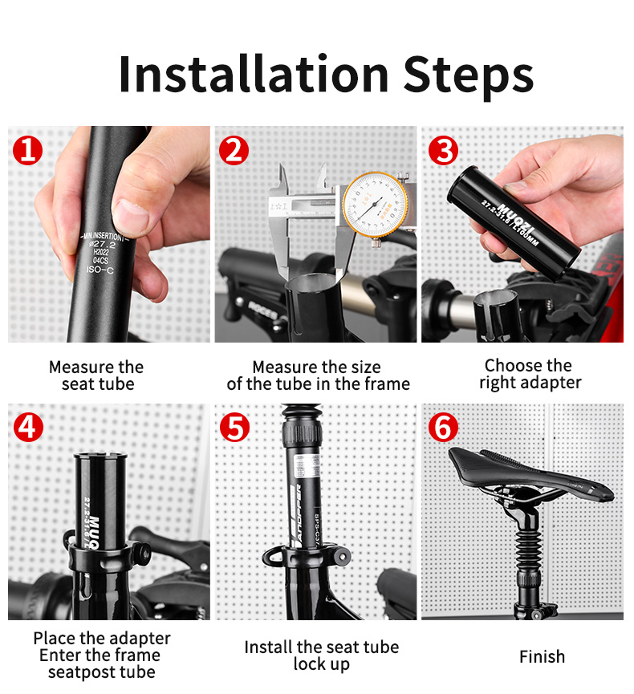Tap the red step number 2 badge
(x=234, y=149)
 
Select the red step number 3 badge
(x=442, y=149)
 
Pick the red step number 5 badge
(x=234, y=427)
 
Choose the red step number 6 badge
(x=442, y=427)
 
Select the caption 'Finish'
(x=542, y=657)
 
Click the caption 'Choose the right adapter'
(x=529, y=375)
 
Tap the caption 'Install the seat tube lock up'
(x=321, y=655)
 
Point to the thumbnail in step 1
(x=132, y=216)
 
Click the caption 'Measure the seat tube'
(x=96, y=375)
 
